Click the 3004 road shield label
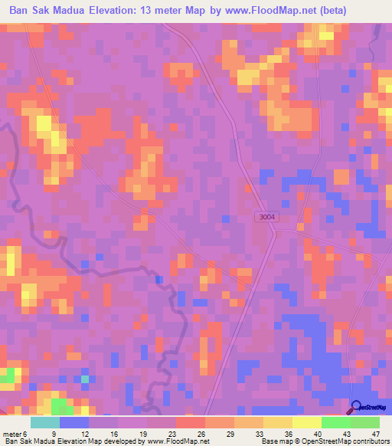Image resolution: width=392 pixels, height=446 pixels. click(x=266, y=218)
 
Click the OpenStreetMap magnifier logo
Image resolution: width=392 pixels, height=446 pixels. click(x=358, y=407)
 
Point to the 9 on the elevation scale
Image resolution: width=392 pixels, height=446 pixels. click(x=52, y=433)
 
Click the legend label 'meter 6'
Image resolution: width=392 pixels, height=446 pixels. click(x=17, y=433)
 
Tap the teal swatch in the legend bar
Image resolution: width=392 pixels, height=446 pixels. click(x=45, y=422)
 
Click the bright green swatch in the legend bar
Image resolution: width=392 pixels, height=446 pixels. click(x=336, y=422)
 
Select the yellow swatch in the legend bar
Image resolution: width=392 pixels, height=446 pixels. click(x=307, y=422)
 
